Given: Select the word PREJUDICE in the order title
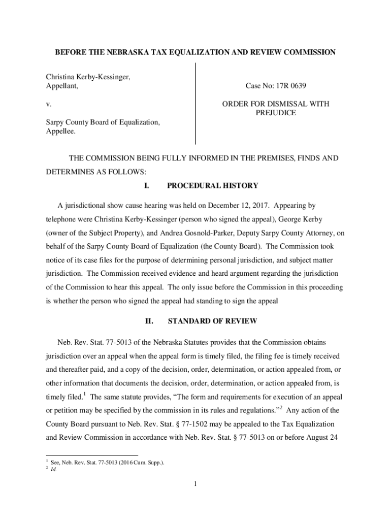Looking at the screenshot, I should point(275,113).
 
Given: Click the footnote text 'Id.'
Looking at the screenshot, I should point(53,470).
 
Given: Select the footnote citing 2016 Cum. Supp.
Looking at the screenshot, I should point(107,462).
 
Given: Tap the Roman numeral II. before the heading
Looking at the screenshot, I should point(149,321).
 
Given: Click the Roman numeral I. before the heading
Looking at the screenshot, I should point(147,185).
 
